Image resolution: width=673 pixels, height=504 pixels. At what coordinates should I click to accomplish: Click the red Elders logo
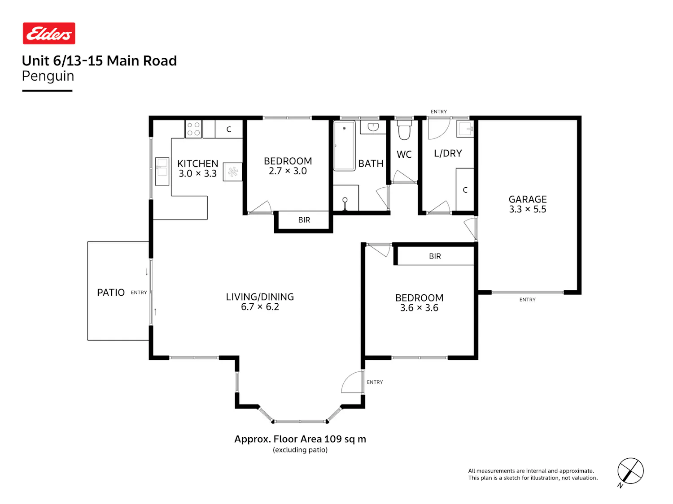click(49, 33)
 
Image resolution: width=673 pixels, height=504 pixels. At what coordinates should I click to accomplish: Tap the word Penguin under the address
click(48, 76)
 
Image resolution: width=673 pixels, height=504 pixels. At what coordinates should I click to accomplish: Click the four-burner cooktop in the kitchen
click(193, 129)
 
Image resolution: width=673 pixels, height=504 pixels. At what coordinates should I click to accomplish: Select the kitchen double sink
click(162, 171)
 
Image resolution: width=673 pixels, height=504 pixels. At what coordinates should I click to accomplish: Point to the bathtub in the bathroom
click(344, 146)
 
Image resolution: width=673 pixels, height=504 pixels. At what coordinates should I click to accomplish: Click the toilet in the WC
click(404, 130)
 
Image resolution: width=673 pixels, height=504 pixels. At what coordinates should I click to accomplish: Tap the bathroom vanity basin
click(373, 127)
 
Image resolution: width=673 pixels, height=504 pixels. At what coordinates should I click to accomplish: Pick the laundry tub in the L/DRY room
click(465, 129)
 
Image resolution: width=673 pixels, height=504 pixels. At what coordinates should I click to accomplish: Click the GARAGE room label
click(527, 199)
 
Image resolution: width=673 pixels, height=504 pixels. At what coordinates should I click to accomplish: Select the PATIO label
click(111, 293)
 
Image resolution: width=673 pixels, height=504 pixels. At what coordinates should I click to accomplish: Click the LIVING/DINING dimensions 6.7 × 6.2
click(260, 306)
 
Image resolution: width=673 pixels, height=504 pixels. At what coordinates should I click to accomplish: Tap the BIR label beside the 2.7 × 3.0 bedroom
click(304, 220)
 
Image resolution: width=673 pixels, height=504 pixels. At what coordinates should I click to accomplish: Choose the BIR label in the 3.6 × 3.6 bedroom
click(435, 256)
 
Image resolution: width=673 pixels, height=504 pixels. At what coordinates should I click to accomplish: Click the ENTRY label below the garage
click(527, 300)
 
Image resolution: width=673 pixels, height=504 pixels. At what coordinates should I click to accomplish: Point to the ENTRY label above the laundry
click(439, 112)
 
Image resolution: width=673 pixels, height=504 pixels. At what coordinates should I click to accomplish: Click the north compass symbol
click(630, 472)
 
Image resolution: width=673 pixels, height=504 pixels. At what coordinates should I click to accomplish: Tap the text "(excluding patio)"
click(300, 450)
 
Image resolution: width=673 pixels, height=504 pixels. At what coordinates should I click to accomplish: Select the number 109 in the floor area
click(332, 439)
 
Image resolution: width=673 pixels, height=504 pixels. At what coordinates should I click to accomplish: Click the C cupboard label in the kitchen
click(229, 129)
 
